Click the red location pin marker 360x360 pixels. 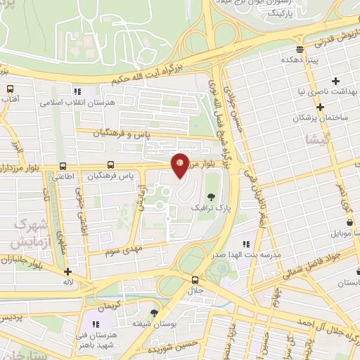pos(181,165)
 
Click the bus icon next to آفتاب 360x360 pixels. pos(10,89)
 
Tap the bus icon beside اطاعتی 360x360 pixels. pos(64,167)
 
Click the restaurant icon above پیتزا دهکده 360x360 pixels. pos(300,49)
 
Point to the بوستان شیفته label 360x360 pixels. pos(154,325)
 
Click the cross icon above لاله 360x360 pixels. pos(67,272)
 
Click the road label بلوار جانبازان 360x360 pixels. pos(18,261)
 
